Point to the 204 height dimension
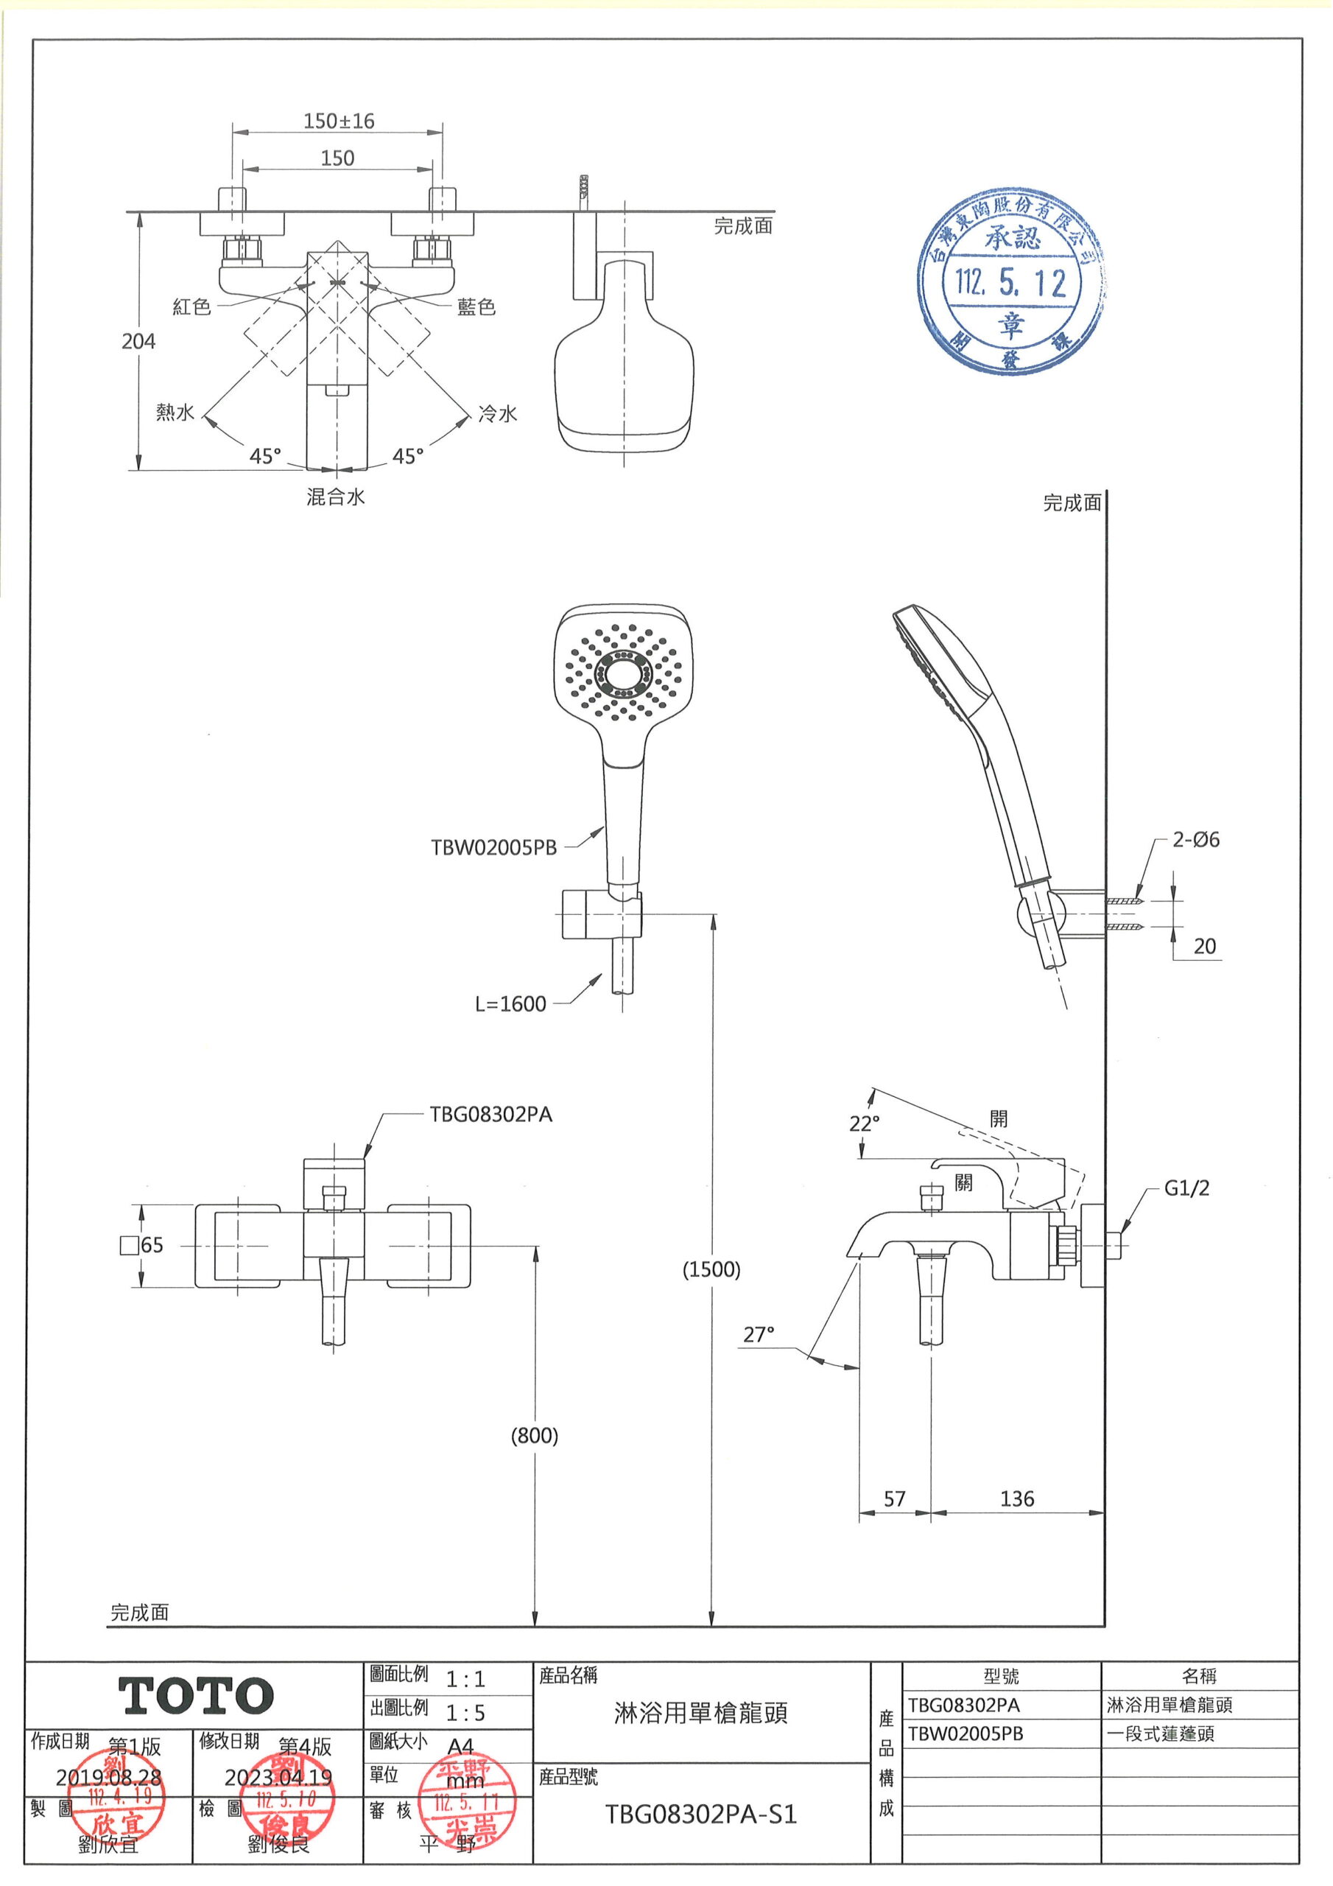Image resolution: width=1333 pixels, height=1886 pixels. coord(138,341)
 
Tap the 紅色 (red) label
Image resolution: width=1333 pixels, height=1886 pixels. coord(191,307)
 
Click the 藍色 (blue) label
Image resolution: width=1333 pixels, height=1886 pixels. coord(476,307)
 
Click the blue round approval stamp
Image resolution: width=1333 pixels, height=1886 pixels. coord(1010,284)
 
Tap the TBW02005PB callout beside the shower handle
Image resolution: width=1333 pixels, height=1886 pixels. coord(493,848)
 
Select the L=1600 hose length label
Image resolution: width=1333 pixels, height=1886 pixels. coord(510,1004)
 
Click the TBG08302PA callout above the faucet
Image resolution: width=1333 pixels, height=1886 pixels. coord(490,1115)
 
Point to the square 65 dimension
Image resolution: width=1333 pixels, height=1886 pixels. coord(142,1244)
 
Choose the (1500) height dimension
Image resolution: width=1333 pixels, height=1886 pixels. coord(711,1269)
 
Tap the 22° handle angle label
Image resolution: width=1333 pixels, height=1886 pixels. coord(864,1123)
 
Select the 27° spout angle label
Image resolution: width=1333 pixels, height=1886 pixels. coord(758,1335)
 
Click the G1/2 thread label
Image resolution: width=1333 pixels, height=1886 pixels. coord(1186,1188)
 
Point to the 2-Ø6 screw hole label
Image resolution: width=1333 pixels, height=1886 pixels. coord(1195,840)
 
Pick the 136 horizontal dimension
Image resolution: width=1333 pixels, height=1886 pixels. coord(1017,1498)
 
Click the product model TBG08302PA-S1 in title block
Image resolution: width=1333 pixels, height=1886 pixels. coord(700,1814)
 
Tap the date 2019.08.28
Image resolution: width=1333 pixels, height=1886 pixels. coord(108,1778)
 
